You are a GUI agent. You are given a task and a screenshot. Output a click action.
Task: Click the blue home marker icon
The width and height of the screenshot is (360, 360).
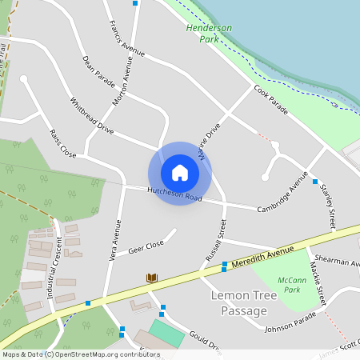[x=180, y=173]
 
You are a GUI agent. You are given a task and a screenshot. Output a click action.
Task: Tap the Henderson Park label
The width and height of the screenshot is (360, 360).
[x=208, y=33]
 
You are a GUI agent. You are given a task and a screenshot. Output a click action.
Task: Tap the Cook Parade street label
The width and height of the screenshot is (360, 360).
[x=270, y=98]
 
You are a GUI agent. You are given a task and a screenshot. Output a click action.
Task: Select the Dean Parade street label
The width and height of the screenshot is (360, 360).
[x=98, y=71]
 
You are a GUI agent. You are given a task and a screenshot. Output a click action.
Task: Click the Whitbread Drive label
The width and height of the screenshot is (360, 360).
[x=92, y=114]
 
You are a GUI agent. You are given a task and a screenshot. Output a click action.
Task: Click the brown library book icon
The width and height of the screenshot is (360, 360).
[x=152, y=278]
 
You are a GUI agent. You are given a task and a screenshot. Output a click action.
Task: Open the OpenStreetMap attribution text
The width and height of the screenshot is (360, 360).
[x=81, y=354]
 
